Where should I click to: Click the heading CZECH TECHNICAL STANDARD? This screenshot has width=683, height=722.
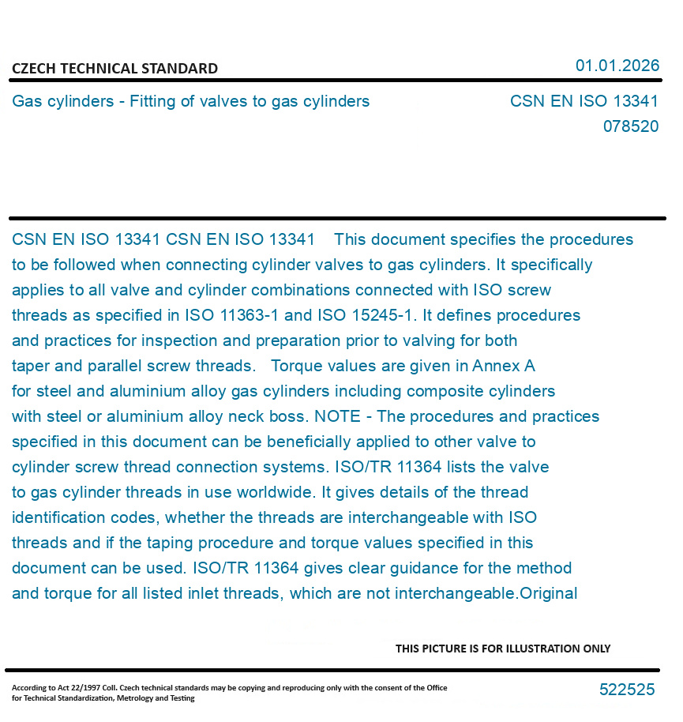tap(114, 69)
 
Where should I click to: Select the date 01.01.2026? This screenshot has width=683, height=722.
tap(617, 66)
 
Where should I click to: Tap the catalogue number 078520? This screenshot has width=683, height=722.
tap(630, 126)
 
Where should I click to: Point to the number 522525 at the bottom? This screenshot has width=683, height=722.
tap(626, 690)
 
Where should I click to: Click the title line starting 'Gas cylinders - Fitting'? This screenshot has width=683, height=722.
tap(190, 101)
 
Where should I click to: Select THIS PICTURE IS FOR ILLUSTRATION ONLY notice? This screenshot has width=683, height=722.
tap(502, 649)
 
